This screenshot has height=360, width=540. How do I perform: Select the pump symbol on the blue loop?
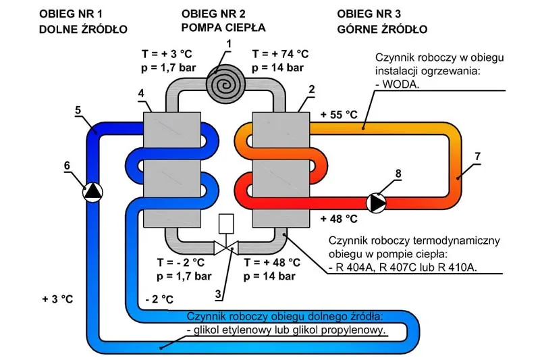(92, 192)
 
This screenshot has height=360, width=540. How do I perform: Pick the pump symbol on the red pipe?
(377, 201)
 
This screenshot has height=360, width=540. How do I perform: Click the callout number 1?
(229, 44)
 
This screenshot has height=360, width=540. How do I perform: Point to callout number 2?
(312, 88)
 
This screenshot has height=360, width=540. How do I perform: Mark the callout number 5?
(78, 109)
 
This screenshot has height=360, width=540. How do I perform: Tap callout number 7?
(477, 156)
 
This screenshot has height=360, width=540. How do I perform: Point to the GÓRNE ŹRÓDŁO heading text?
(382, 30)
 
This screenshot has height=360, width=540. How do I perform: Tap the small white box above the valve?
(227, 224)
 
